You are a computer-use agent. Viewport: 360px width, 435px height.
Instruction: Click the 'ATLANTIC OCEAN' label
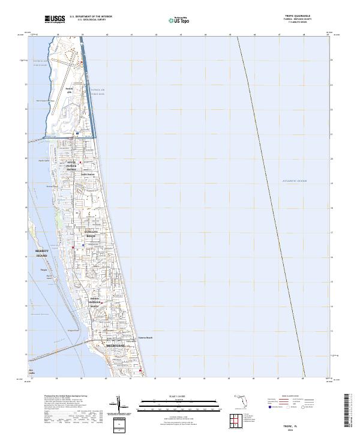294,181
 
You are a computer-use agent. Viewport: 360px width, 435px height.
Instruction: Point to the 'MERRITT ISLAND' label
42,254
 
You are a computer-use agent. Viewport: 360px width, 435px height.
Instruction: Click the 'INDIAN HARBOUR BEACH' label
94,302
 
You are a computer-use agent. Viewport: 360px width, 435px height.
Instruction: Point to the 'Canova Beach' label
146,337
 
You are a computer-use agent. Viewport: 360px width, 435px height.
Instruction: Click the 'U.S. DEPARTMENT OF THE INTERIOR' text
90,16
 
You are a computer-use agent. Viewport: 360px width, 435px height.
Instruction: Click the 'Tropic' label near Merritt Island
43,270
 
